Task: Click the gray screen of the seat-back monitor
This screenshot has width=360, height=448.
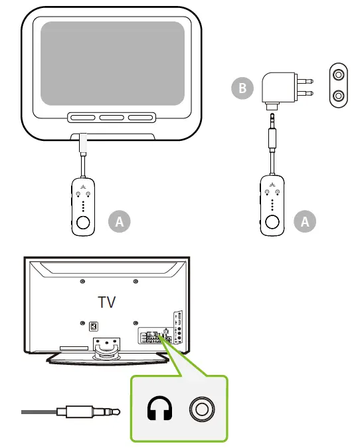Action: (x=112, y=63)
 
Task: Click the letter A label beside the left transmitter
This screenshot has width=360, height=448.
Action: (x=120, y=221)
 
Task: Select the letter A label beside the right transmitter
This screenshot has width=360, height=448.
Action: (x=305, y=221)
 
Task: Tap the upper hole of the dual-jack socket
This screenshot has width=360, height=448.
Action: (x=339, y=75)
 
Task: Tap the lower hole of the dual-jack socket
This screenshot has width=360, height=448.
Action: (x=339, y=96)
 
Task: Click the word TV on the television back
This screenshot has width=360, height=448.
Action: (x=106, y=302)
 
